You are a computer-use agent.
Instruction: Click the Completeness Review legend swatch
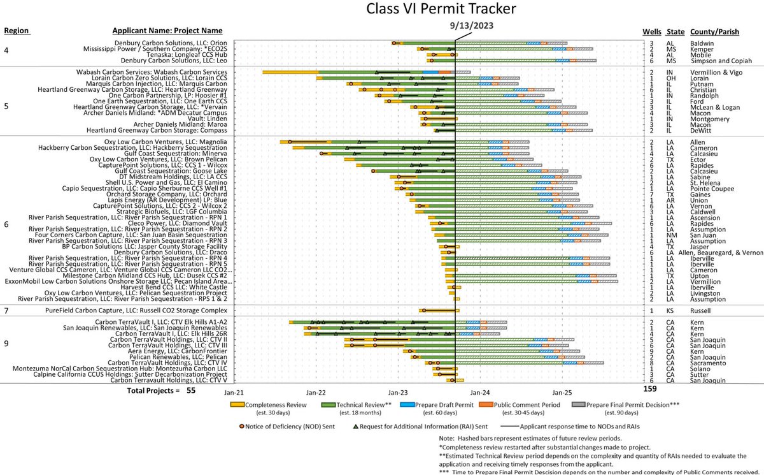click(238, 404)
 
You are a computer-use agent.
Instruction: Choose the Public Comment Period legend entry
click(529, 404)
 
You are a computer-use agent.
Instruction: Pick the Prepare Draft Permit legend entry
click(439, 404)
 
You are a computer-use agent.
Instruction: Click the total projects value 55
click(191, 390)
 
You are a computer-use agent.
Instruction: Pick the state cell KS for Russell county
click(671, 311)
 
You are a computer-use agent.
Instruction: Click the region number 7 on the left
click(6, 311)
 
